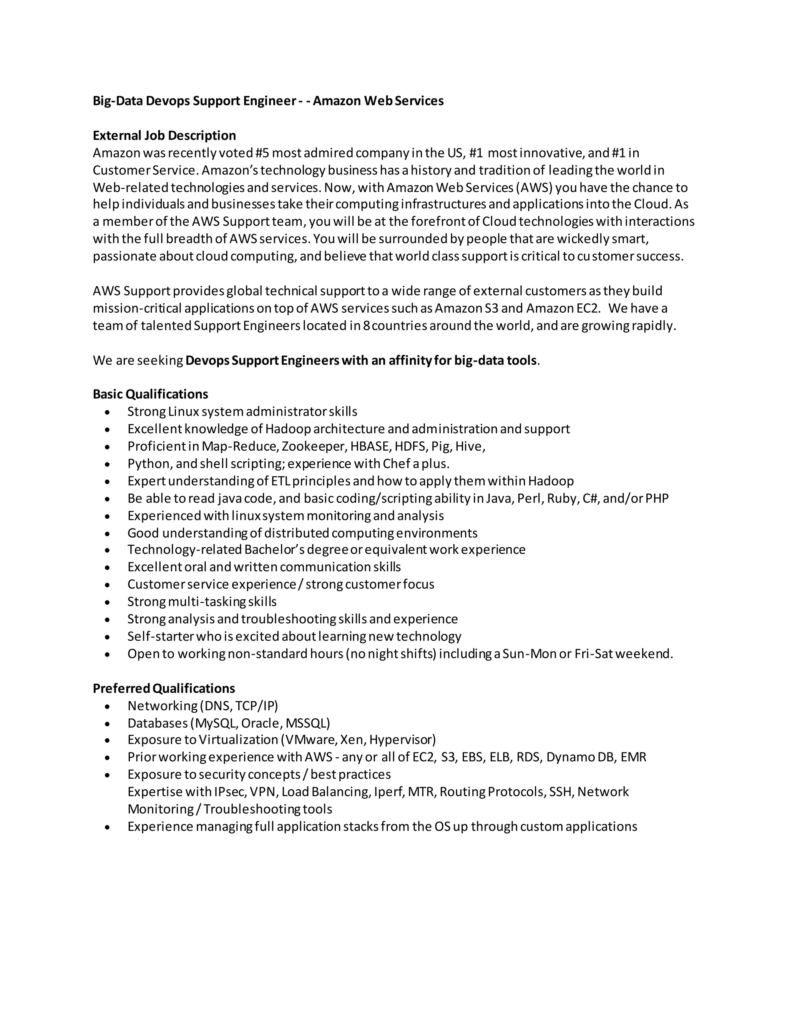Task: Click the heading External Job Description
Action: point(164,136)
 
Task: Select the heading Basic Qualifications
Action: point(150,395)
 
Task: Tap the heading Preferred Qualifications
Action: point(164,688)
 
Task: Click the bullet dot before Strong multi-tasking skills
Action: point(108,603)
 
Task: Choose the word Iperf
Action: point(389,792)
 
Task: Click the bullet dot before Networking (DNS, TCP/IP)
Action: point(108,706)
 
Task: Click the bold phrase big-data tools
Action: point(495,360)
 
